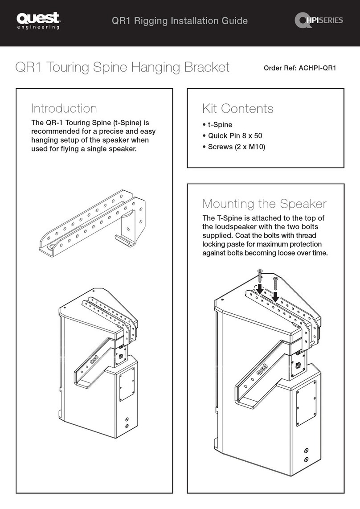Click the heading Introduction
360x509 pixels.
(x=64, y=108)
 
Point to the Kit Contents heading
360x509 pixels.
(x=237, y=108)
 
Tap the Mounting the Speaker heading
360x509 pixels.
(x=264, y=204)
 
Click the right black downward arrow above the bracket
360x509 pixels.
(x=276, y=295)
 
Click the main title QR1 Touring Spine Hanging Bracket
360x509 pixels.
(x=123, y=68)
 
